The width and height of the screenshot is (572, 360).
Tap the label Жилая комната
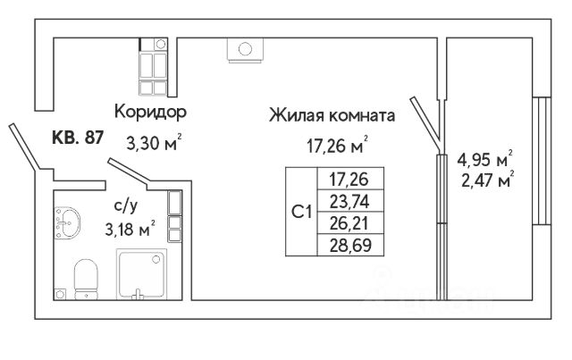click(332, 115)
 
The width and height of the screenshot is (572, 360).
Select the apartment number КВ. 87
click(78, 138)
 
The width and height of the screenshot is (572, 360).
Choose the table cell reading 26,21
click(346, 222)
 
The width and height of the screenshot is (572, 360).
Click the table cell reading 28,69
click(346, 242)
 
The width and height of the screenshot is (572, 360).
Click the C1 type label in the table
click(302, 212)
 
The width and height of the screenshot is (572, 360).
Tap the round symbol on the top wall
click(243, 48)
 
